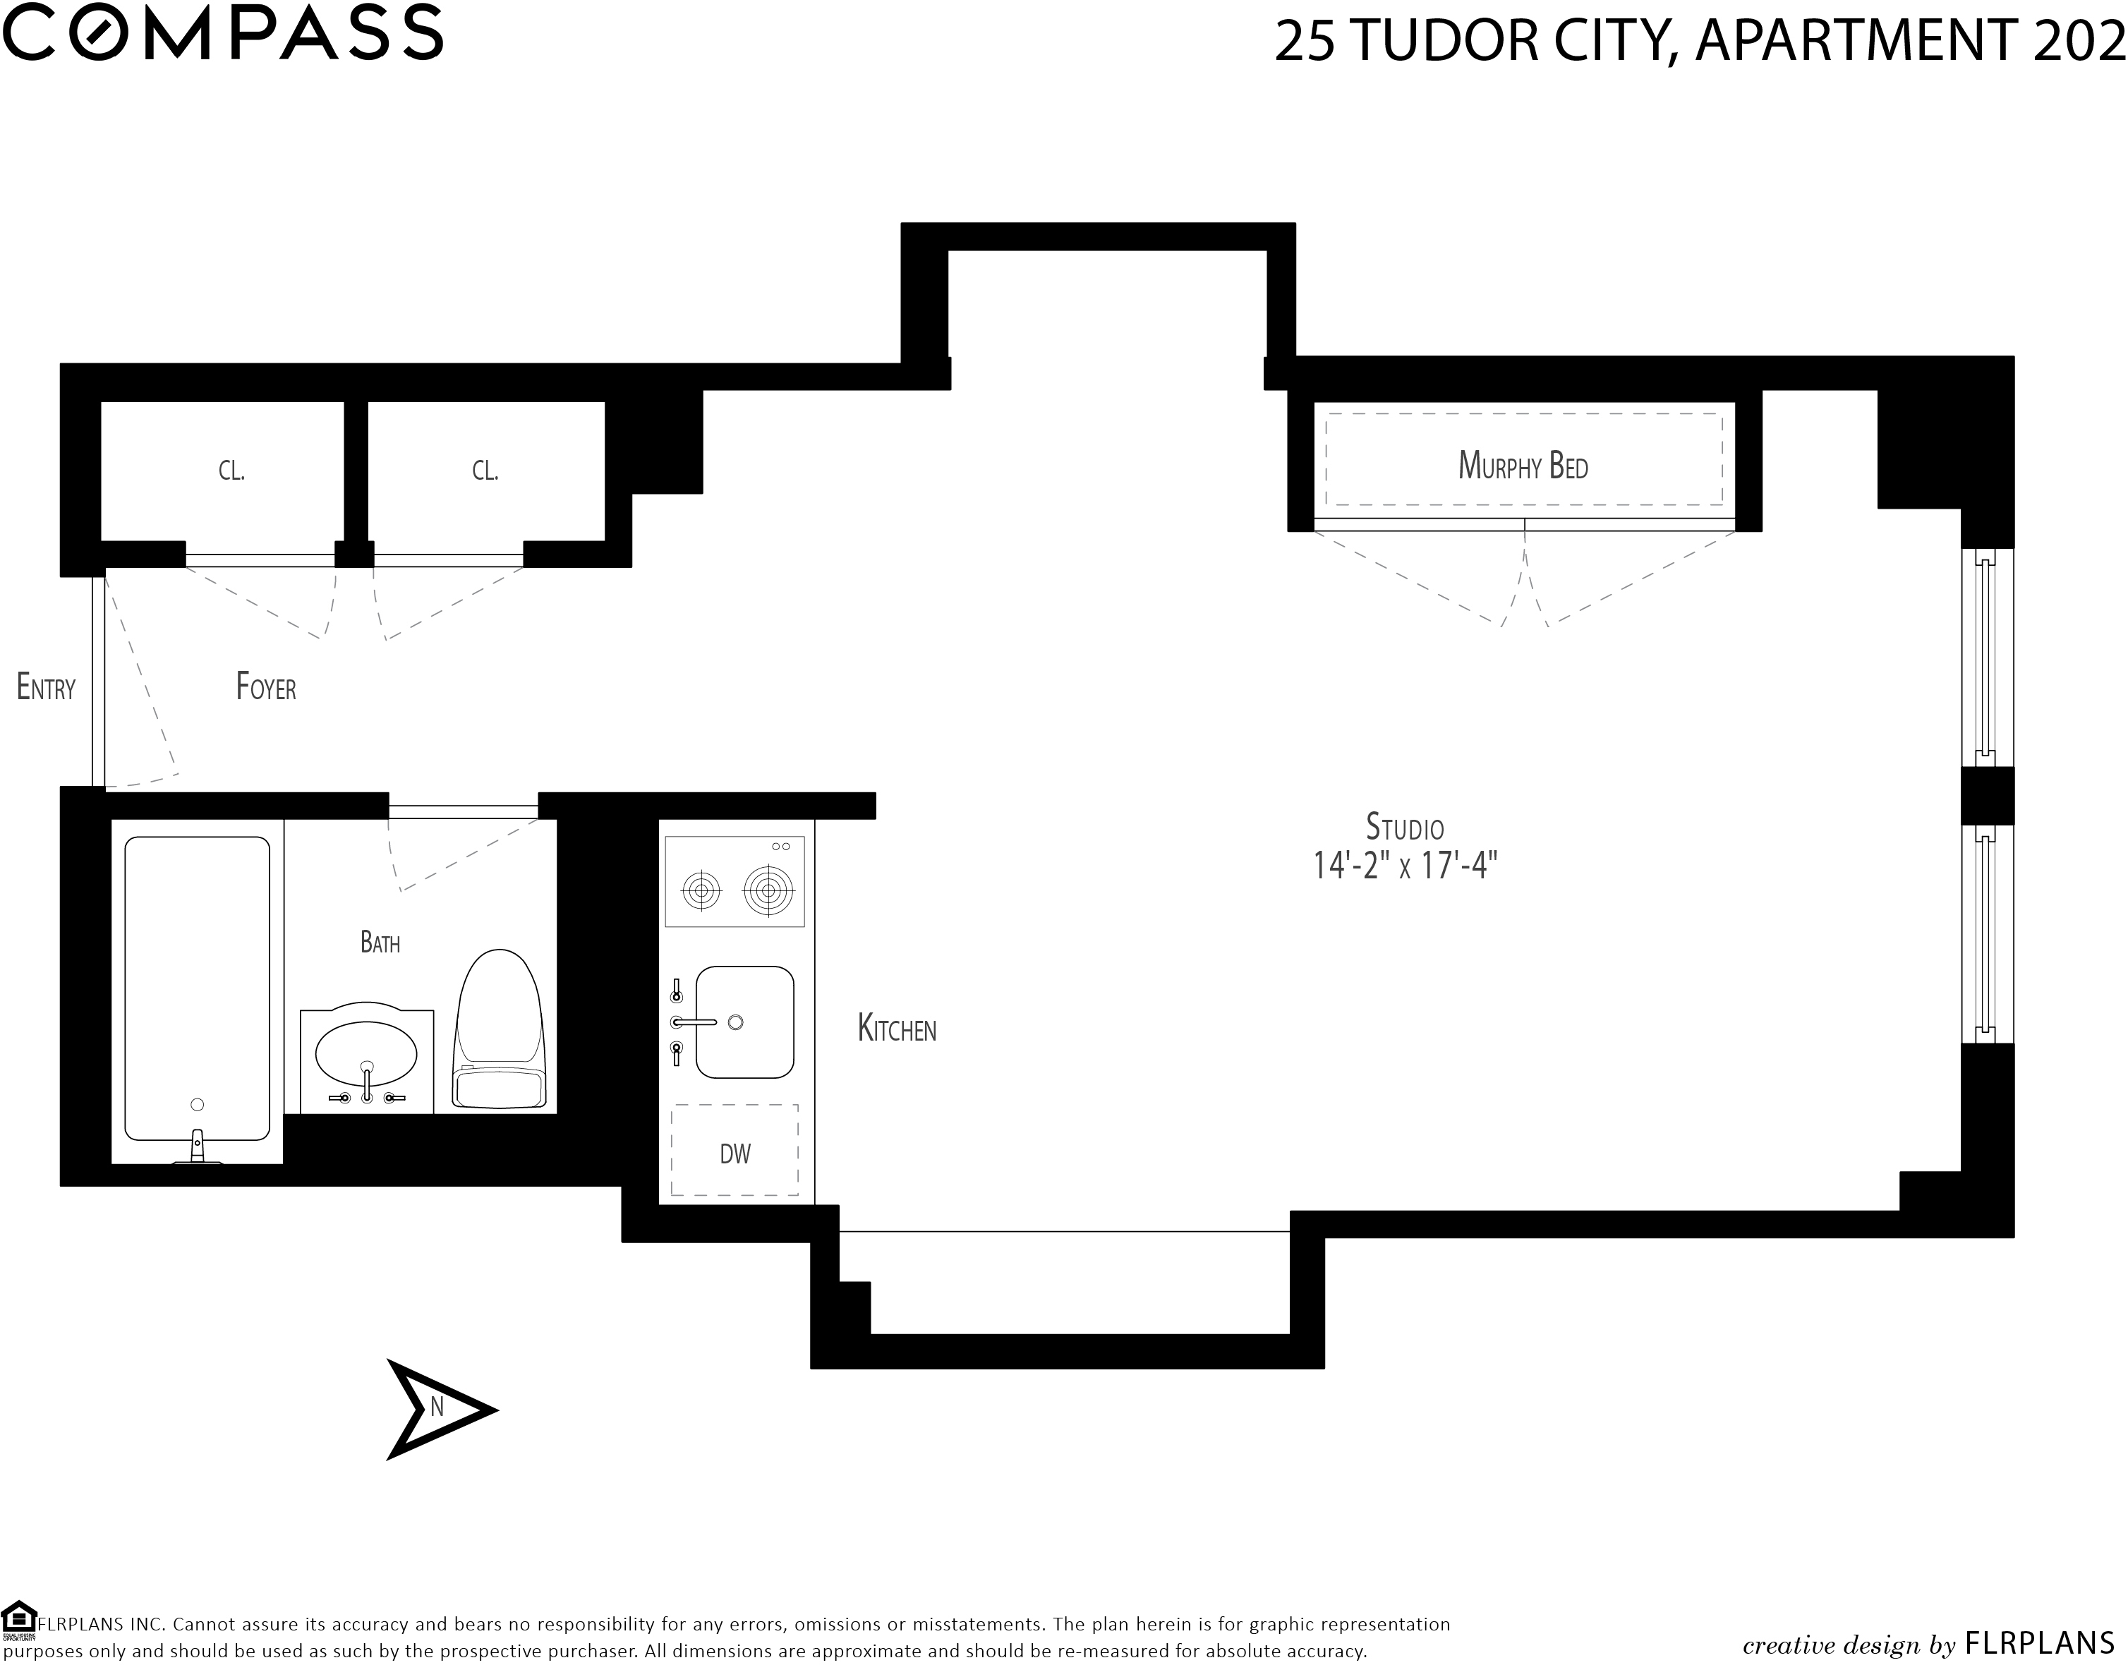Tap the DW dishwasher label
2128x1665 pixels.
(735, 1154)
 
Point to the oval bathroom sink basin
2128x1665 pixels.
(366, 1053)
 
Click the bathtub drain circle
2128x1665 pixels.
(198, 1105)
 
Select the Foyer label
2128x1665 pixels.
(266, 687)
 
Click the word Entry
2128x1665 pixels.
(46, 687)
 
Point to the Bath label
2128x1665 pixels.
(380, 943)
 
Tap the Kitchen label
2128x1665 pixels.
(897, 1029)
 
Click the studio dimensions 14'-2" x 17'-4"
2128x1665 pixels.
(1405, 866)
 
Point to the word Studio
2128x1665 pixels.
(1405, 827)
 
